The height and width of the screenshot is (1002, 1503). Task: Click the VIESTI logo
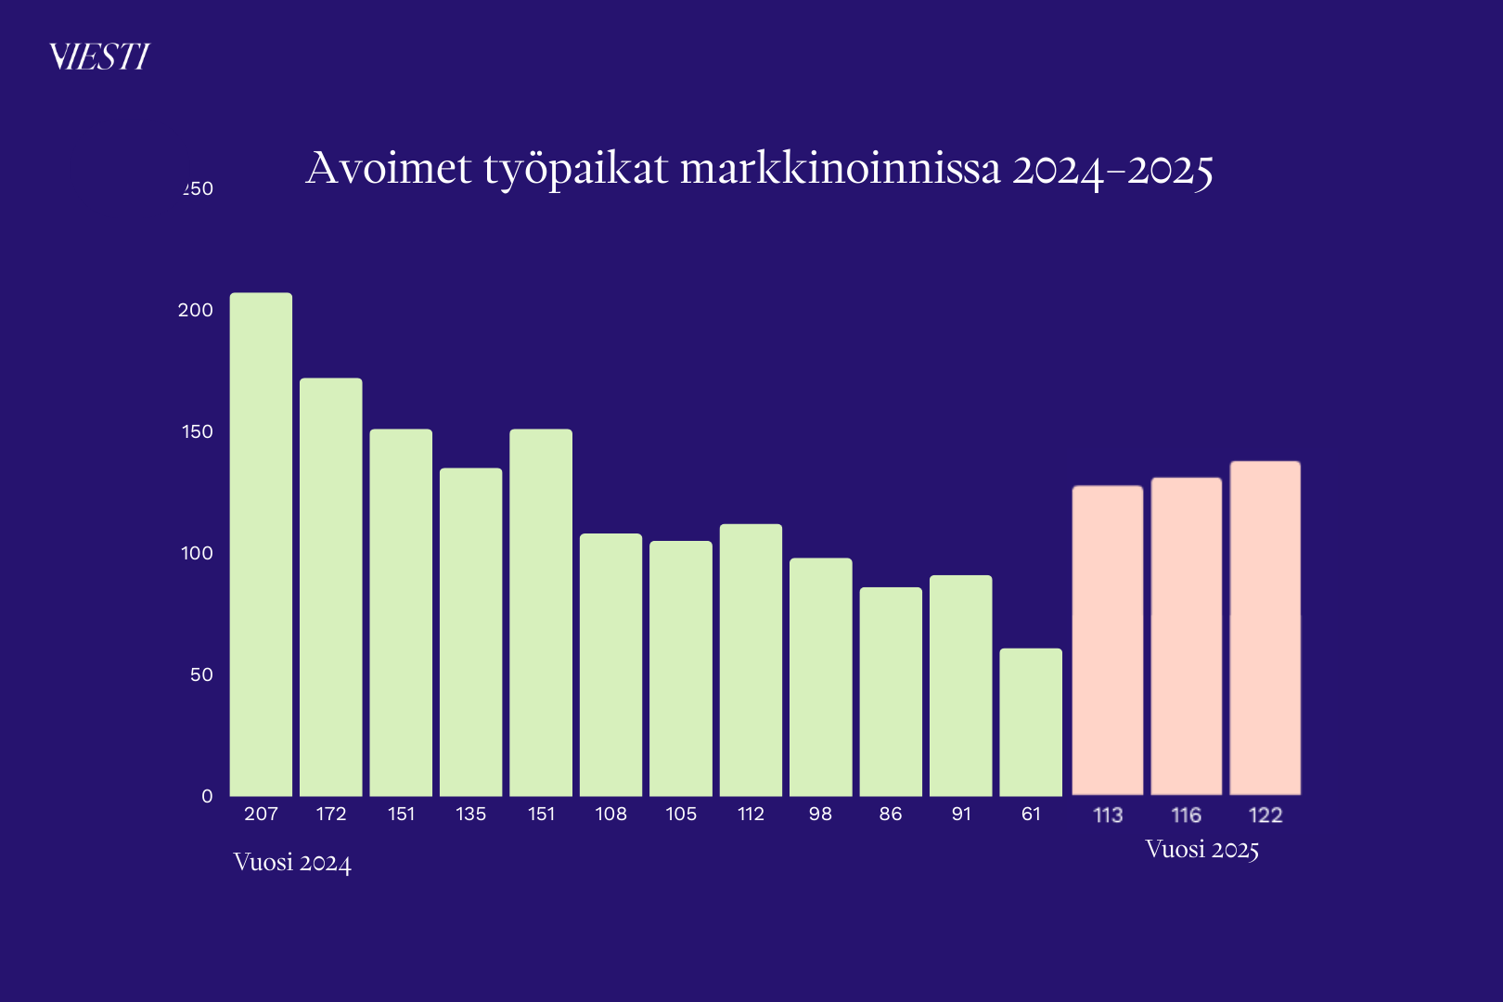(99, 57)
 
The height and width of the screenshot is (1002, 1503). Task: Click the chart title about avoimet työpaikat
(759, 169)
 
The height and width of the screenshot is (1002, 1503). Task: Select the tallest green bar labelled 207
(261, 545)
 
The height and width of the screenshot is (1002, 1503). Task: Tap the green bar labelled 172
(331, 587)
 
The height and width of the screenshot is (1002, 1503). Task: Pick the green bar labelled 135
(471, 632)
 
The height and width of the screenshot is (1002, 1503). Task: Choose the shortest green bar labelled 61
(1031, 722)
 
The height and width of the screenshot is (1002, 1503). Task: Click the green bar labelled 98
(821, 677)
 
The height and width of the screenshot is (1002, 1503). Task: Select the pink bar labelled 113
(1108, 640)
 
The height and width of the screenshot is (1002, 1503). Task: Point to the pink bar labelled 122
(1265, 628)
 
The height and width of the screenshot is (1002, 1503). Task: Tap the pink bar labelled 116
(1187, 636)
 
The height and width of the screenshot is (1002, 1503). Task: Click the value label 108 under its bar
(611, 814)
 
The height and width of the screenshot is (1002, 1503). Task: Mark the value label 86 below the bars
(891, 814)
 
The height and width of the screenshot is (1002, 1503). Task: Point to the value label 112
(751, 814)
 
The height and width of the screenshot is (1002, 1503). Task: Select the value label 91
(961, 814)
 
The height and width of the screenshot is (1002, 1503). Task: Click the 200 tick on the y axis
(196, 310)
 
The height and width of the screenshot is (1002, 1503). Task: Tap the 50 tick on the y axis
(201, 674)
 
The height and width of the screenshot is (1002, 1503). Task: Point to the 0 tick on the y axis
(207, 796)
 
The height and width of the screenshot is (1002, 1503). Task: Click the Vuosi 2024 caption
(292, 863)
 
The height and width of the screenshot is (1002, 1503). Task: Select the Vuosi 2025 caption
(1201, 850)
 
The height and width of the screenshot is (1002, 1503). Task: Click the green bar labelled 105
(681, 668)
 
